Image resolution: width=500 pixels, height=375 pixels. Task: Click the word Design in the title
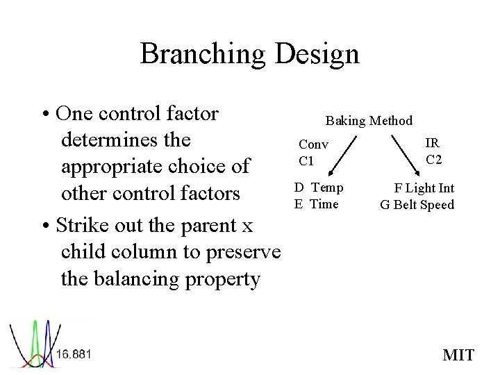click(317, 54)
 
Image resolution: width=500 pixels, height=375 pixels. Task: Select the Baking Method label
click(369, 121)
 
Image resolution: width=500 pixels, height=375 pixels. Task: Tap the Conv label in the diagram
click(313, 144)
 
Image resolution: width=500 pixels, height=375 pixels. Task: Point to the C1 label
click(306, 161)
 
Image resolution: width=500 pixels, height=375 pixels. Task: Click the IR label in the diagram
click(432, 144)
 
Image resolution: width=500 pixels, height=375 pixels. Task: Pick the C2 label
click(434, 160)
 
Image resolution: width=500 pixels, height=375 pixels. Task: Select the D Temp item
click(318, 187)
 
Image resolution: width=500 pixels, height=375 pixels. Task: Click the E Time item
click(316, 203)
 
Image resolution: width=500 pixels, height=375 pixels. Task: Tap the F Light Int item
click(424, 188)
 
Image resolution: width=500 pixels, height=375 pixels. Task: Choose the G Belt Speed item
click(417, 205)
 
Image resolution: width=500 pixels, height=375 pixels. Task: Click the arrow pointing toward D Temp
click(344, 157)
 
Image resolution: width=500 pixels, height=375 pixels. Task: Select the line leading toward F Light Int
click(410, 153)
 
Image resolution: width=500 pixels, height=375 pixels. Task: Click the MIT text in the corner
click(458, 356)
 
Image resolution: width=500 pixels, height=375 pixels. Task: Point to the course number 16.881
click(74, 354)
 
